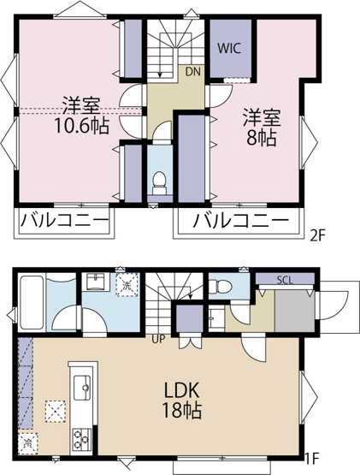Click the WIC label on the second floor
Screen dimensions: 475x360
pos(231,48)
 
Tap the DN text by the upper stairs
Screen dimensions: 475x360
pos(194,73)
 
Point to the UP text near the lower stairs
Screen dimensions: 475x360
pos(160,339)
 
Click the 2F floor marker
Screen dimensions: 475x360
pos(318,234)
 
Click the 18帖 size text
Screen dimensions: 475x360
pos(183,411)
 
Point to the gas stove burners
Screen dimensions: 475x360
pos(82,439)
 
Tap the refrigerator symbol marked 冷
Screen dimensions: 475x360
pos(28,444)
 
